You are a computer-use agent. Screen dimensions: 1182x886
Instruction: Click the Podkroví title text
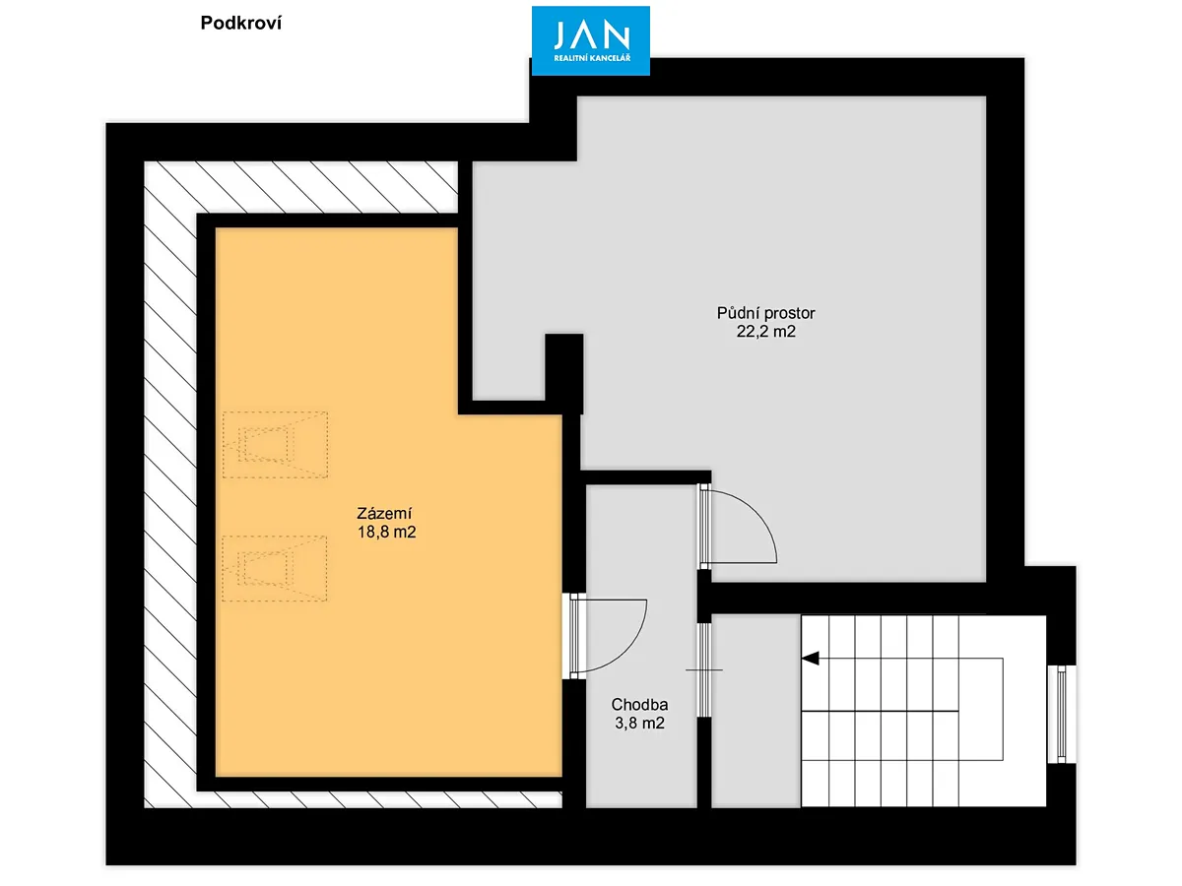pyautogui.click(x=240, y=23)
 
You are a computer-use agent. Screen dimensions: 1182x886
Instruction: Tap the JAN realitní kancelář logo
pyautogui.click(x=590, y=41)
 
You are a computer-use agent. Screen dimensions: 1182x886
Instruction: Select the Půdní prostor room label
pyautogui.click(x=765, y=313)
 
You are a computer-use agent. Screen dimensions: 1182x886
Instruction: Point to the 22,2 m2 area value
pyautogui.click(x=765, y=332)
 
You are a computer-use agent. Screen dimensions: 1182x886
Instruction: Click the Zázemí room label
pyautogui.click(x=384, y=514)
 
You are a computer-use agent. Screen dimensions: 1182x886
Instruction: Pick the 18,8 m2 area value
pyautogui.click(x=387, y=532)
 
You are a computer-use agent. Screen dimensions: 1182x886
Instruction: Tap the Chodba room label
pyautogui.click(x=639, y=704)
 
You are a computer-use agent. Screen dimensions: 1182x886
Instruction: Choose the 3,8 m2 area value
pyautogui.click(x=639, y=723)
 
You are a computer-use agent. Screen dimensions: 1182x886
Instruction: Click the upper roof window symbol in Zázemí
pyautogui.click(x=275, y=445)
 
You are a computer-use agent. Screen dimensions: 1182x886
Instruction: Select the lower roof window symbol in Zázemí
pyautogui.click(x=275, y=569)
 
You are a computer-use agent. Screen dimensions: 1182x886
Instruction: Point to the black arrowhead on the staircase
pyautogui.click(x=811, y=658)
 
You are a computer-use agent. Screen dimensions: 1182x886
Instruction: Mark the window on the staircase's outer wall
pyautogui.click(x=1061, y=715)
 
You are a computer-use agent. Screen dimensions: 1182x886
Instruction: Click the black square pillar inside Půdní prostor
pyautogui.click(x=563, y=373)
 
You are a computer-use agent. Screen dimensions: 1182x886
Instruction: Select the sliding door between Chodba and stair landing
pyautogui.click(x=704, y=669)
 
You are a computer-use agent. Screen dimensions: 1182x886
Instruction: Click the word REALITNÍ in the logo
pyautogui.click(x=570, y=58)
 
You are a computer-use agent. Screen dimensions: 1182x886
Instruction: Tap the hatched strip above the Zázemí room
pyautogui.click(x=301, y=187)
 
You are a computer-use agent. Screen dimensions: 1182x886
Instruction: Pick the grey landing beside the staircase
pyautogui.click(x=756, y=711)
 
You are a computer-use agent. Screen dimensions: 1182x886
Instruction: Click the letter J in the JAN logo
pyautogui.click(x=560, y=35)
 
